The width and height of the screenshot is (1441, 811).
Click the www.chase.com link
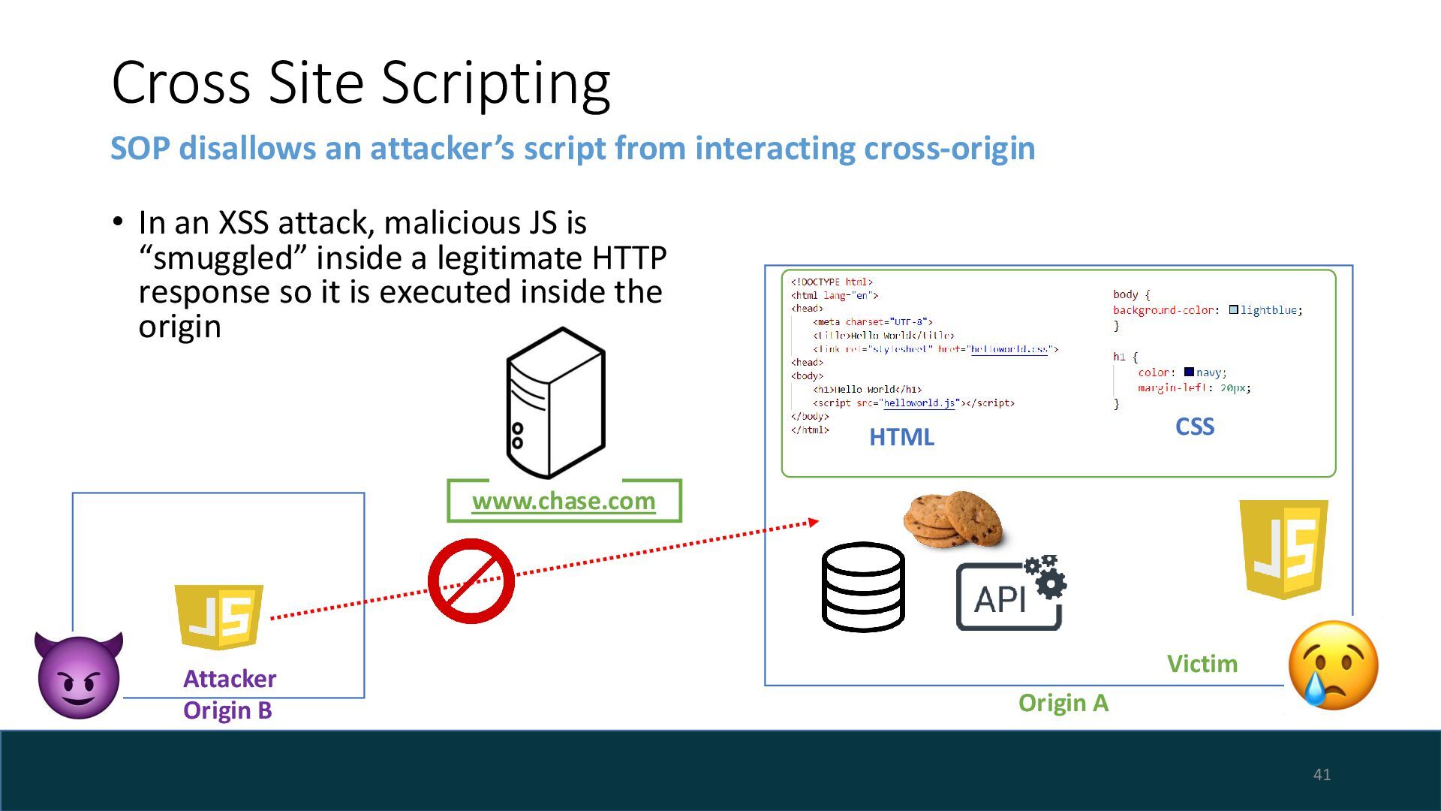[x=564, y=501]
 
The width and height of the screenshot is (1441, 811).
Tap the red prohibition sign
[x=471, y=580]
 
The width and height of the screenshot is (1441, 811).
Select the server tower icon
[x=555, y=402]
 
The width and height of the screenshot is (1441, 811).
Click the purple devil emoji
[x=79, y=675]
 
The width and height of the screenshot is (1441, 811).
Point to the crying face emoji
[x=1333, y=665]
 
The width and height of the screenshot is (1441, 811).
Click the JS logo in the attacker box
[x=219, y=617]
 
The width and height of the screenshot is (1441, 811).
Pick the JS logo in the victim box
[x=1283, y=549]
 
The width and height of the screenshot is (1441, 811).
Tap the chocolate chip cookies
[x=953, y=519]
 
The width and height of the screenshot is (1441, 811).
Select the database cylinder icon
[x=863, y=586]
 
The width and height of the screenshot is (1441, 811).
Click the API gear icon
[x=1010, y=594]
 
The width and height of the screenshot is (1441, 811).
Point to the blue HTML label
[x=901, y=437]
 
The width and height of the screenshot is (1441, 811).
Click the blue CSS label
[x=1194, y=427]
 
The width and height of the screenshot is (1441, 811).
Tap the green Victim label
[x=1202, y=664]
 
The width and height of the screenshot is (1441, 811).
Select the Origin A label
[x=1063, y=703]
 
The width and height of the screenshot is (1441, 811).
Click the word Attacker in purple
[x=230, y=679]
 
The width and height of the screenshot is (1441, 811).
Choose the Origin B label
[x=227, y=710]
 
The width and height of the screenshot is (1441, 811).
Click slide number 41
[x=1322, y=774]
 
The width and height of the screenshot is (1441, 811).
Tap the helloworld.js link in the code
[x=919, y=403]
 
